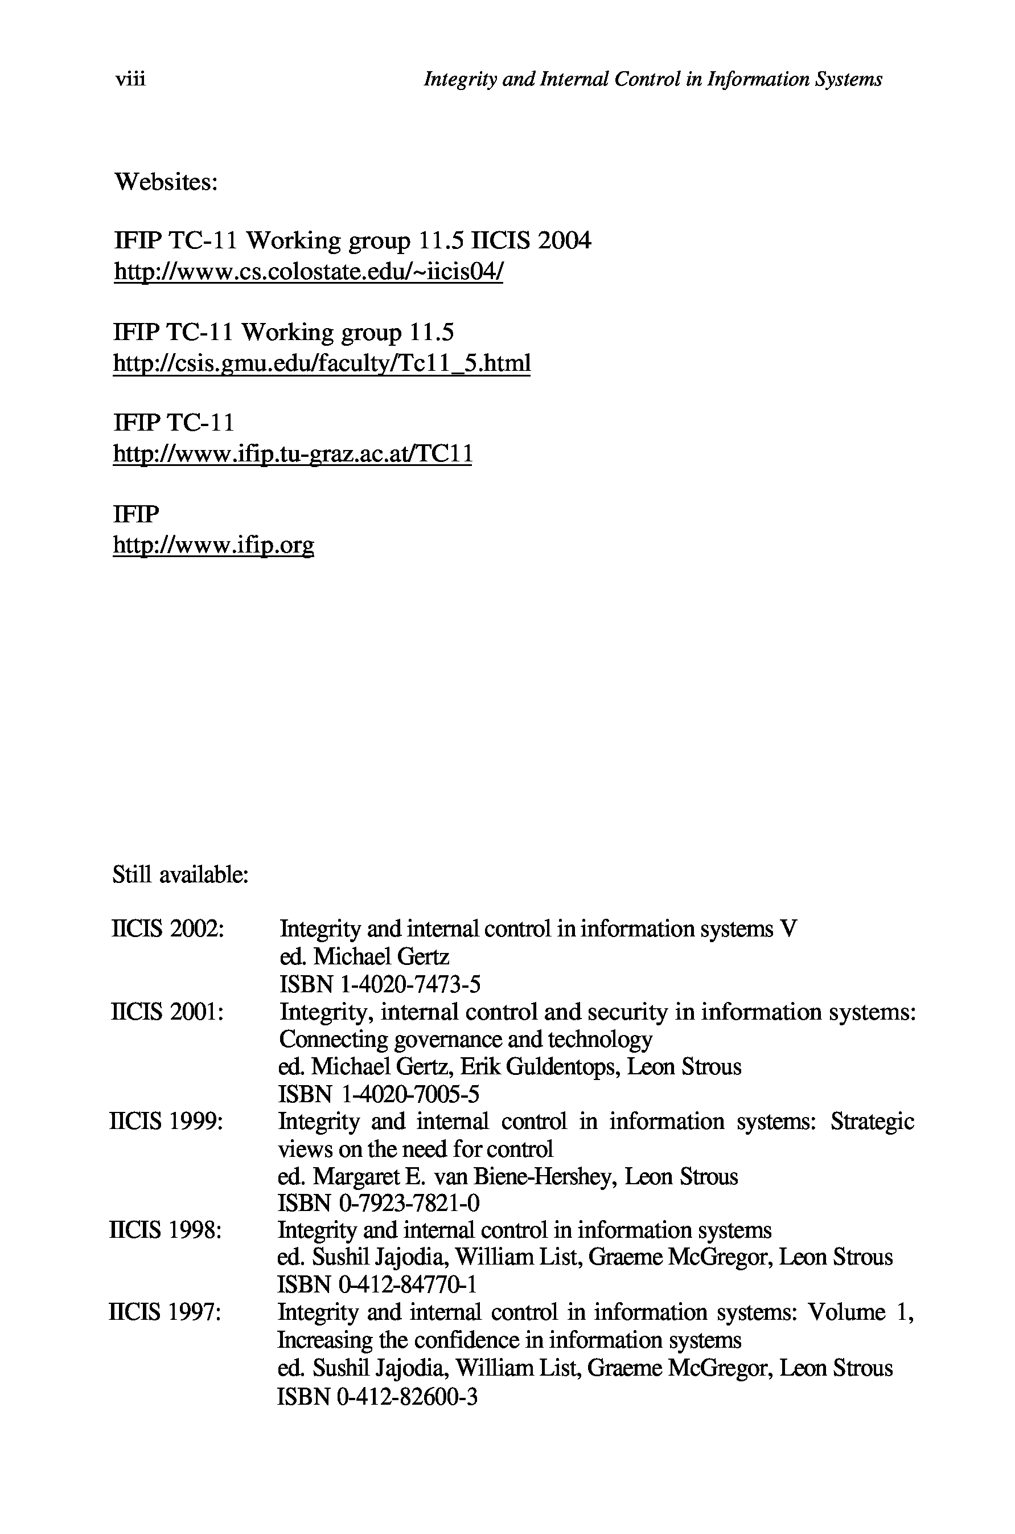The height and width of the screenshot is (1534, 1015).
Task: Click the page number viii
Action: (x=130, y=79)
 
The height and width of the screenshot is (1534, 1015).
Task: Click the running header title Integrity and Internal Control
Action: (x=652, y=79)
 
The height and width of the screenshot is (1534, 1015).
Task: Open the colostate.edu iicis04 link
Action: (x=308, y=271)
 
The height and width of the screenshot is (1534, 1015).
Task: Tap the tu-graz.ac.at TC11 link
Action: (x=293, y=454)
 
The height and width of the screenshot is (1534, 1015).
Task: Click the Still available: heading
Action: (x=180, y=876)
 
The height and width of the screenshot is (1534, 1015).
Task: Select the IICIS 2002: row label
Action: (x=168, y=929)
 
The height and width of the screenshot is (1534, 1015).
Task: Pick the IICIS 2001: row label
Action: (x=168, y=1012)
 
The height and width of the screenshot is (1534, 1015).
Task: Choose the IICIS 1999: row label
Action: (x=167, y=1121)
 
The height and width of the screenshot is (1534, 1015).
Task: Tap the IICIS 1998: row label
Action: (x=166, y=1230)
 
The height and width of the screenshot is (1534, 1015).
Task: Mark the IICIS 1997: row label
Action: (x=166, y=1312)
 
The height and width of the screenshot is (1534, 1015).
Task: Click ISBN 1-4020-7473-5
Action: (x=380, y=984)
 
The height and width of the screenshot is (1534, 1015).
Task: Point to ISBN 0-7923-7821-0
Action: (x=379, y=1203)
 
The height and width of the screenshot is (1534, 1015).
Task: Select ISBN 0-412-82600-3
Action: (x=377, y=1395)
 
